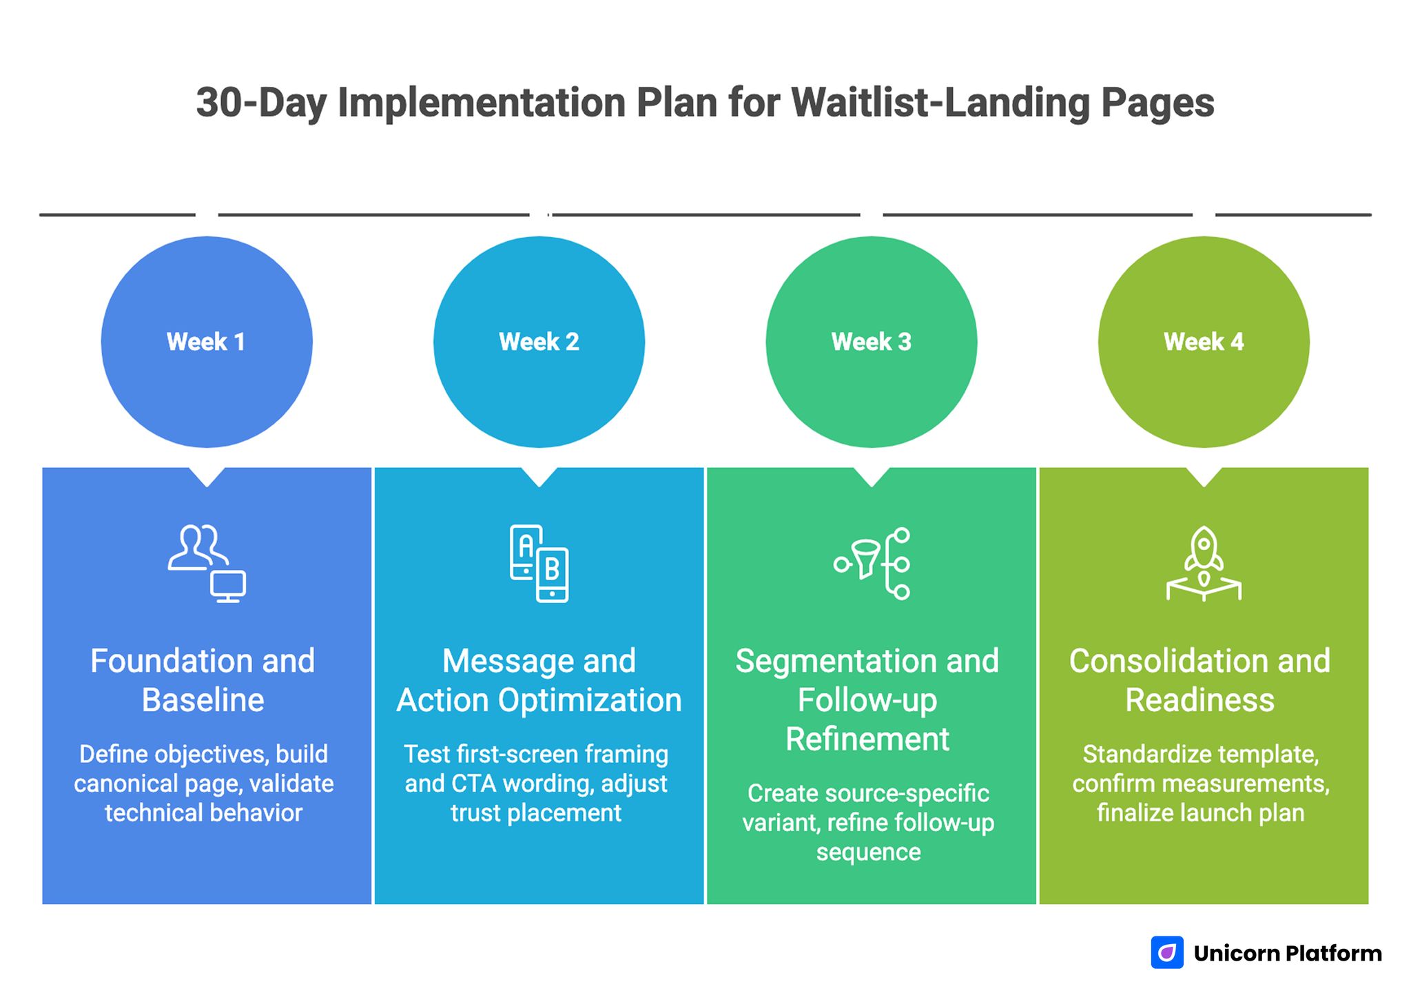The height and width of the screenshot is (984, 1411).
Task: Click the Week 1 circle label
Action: pos(206,342)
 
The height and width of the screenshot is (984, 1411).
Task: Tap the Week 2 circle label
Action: pos(539,342)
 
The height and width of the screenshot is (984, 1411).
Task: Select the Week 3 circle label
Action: pos(871,342)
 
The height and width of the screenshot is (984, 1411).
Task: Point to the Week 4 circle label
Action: pos(1204,342)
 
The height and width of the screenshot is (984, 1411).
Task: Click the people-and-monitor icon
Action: pos(207,564)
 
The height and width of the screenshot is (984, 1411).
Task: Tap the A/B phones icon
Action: pos(539,564)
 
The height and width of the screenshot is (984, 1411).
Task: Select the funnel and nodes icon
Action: pos(872,564)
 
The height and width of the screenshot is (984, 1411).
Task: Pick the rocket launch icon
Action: pos(1204,564)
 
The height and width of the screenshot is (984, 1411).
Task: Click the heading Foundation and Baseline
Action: pos(203,680)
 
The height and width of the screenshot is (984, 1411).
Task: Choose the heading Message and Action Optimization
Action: pos(539,680)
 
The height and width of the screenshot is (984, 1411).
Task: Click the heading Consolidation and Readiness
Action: pos(1199,680)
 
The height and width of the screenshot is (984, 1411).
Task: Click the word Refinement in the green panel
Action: pos(867,739)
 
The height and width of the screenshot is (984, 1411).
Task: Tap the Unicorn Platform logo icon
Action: pos(1167,952)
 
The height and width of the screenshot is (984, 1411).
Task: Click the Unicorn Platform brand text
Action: pos(1288,953)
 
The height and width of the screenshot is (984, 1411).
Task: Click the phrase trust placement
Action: pos(536,813)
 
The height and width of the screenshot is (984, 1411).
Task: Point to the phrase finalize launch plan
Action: pos(1200,813)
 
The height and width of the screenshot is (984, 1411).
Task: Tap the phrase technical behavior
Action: pos(203,813)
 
